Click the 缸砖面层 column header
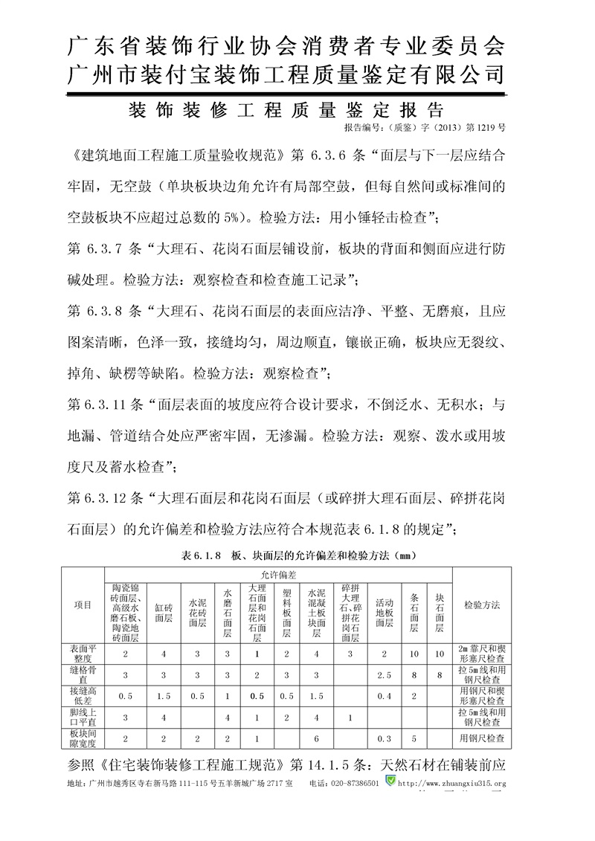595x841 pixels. (164, 612)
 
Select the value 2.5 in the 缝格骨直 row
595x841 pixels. (384, 675)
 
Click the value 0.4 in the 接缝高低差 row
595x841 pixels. (384, 696)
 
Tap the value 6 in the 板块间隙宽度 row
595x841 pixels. (318, 738)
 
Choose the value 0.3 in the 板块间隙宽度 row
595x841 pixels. (384, 738)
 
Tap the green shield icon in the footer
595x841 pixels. (390, 782)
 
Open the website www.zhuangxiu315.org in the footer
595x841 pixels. (452, 783)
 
